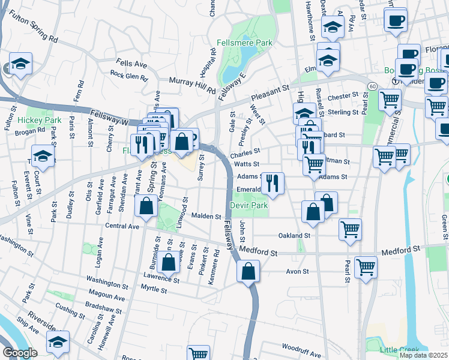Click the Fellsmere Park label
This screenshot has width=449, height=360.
pos(244,43)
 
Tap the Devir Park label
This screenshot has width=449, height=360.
pos(249,205)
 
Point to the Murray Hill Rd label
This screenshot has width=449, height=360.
pos(191,85)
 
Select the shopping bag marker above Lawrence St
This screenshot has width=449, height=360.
pos(169,262)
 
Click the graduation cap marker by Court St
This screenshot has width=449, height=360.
pos(43,157)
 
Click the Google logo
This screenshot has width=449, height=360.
pos(19,353)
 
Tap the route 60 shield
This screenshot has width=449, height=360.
pos(372,87)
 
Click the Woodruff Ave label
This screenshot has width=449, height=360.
pos(301,347)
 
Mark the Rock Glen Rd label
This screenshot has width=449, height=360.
pos(128,77)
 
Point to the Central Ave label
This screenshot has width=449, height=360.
pos(122,226)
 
